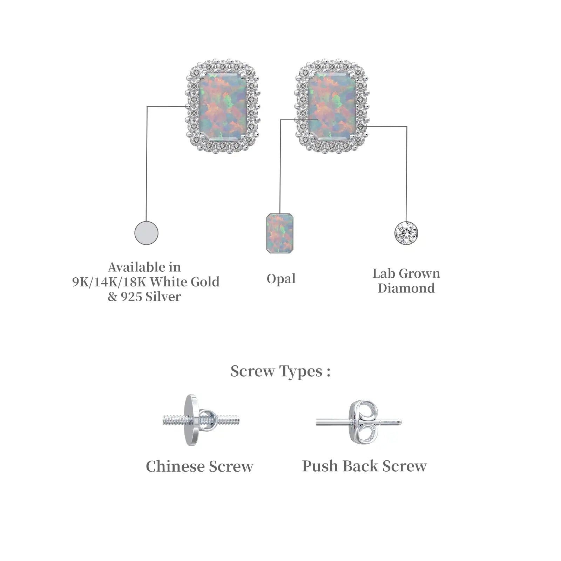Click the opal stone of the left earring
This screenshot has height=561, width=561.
(x=223, y=106)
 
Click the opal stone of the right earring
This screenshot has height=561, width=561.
(x=332, y=106)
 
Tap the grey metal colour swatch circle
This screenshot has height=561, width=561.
(x=146, y=233)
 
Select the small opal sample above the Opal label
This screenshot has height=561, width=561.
(x=279, y=233)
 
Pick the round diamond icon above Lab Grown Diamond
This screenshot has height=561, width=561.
(x=406, y=233)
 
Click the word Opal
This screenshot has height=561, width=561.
(x=281, y=279)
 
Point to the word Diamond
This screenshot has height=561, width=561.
(x=406, y=288)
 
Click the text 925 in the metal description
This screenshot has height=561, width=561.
(x=131, y=297)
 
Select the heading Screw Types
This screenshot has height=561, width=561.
(x=280, y=371)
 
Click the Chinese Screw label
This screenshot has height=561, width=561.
(x=200, y=466)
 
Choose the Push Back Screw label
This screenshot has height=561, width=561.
(x=364, y=466)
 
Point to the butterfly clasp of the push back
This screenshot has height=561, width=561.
(x=364, y=422)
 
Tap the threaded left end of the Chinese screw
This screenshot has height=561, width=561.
(x=174, y=420)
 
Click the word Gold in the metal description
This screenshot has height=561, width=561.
(x=205, y=282)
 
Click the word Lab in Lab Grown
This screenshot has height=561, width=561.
(x=381, y=273)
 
